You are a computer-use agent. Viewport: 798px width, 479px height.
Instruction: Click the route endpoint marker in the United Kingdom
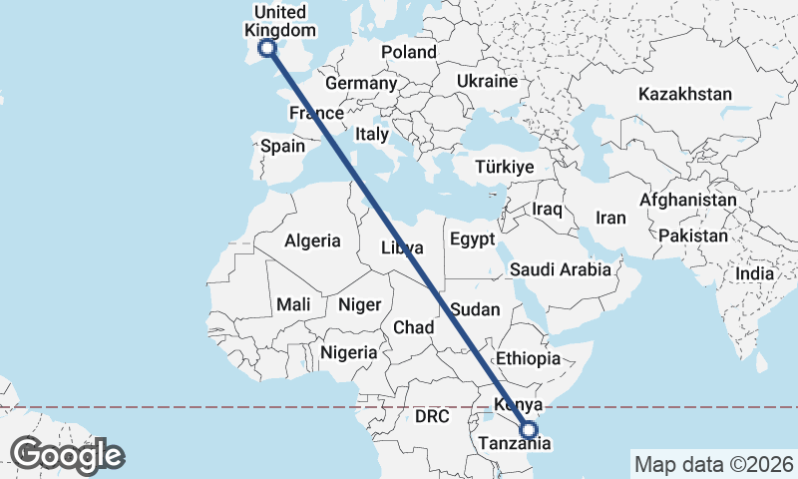pyautogui.click(x=267, y=47)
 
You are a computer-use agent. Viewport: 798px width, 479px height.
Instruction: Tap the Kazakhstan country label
pyautogui.click(x=686, y=95)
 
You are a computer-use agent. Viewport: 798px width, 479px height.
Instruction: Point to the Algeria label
pyautogui.click(x=312, y=240)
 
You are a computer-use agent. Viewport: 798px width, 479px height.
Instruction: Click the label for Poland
pyautogui.click(x=408, y=52)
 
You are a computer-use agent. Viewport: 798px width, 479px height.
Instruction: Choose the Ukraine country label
pyautogui.click(x=487, y=81)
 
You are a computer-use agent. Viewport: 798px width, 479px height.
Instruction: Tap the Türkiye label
pyautogui.click(x=505, y=167)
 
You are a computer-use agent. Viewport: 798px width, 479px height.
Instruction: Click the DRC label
pyautogui.click(x=434, y=415)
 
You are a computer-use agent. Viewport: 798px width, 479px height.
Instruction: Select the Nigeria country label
pyautogui.click(x=348, y=352)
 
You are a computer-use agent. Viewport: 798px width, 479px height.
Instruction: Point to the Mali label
pyautogui.click(x=293, y=304)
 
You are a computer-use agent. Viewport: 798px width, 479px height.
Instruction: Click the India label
pyautogui.click(x=754, y=273)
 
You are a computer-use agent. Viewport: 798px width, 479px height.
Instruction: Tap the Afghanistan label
pyautogui.click(x=687, y=201)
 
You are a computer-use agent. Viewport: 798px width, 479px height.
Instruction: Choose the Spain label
pyautogui.click(x=282, y=146)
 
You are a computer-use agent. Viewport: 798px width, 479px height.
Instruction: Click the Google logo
pyautogui.click(x=68, y=455)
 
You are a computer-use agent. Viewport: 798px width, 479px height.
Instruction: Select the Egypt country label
pyautogui.click(x=472, y=239)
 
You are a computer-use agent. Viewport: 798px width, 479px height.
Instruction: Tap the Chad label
pyautogui.click(x=414, y=327)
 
